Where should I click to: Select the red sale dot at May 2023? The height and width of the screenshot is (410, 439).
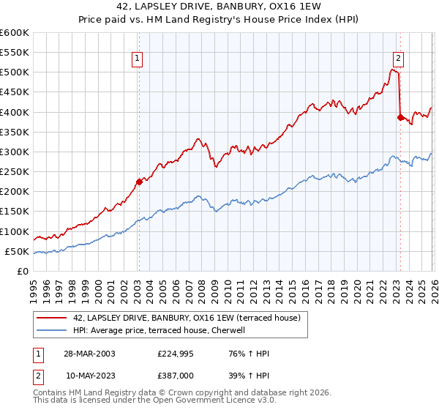coord(400,117)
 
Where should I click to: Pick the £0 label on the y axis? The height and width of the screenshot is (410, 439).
coord(22,272)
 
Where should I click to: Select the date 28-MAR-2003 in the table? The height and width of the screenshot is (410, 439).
coord(89,354)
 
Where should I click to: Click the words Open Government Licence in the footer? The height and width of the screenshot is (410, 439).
coord(216,402)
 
